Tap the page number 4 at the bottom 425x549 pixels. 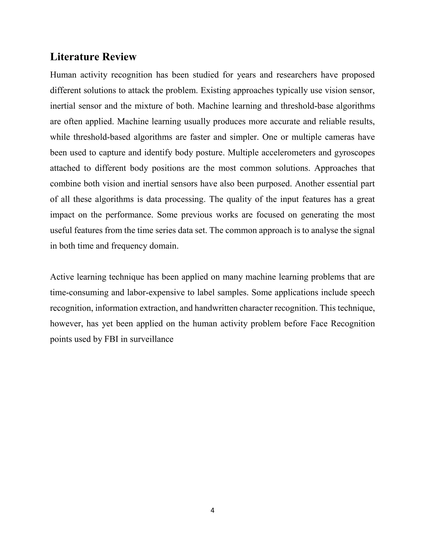pyautogui.click(x=212, y=510)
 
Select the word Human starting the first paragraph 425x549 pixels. pyautogui.click(x=63, y=75)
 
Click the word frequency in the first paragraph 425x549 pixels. pyautogui.click(x=129, y=246)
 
